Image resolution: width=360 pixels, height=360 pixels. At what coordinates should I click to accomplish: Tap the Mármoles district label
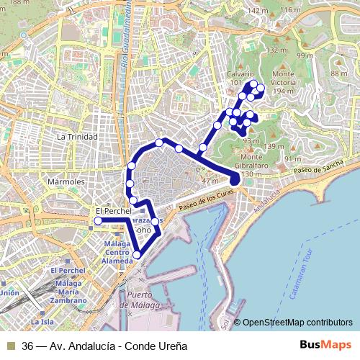pyautogui.click(x=66, y=182)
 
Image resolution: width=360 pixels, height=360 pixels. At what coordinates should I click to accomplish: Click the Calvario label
pyautogui.click(x=240, y=74)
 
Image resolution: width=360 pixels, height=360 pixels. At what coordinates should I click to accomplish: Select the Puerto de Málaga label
pyautogui.click(x=145, y=300)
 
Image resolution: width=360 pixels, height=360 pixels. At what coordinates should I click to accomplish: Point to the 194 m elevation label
pyautogui.click(x=284, y=91)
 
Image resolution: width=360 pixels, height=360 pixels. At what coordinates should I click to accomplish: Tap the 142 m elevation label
pyautogui.click(x=257, y=11)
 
